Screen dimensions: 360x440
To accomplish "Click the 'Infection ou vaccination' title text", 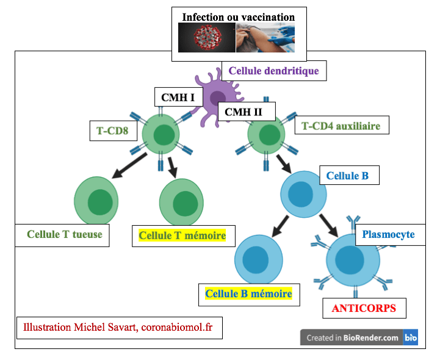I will [238, 17].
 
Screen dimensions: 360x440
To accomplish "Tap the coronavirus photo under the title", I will [206, 38].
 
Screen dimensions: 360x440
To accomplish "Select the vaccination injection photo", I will [266, 38].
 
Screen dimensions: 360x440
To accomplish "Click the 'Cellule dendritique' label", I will [273, 71].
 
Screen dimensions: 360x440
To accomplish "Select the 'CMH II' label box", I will [247, 112].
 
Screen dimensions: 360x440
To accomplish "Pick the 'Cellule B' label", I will [347, 176].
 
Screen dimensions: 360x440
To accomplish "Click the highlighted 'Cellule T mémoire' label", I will [182, 236].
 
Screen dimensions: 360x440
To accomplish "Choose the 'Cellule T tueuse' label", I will [64, 234].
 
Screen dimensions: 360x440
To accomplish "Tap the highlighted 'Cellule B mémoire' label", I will [248, 293].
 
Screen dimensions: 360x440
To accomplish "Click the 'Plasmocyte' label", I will [388, 234].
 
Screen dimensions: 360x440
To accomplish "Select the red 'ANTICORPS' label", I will [364, 308].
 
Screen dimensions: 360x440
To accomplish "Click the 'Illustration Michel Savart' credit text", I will [118, 327].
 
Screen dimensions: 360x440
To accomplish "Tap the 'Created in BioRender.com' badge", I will [359, 337].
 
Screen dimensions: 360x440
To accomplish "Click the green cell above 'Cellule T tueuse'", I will [96, 201].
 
